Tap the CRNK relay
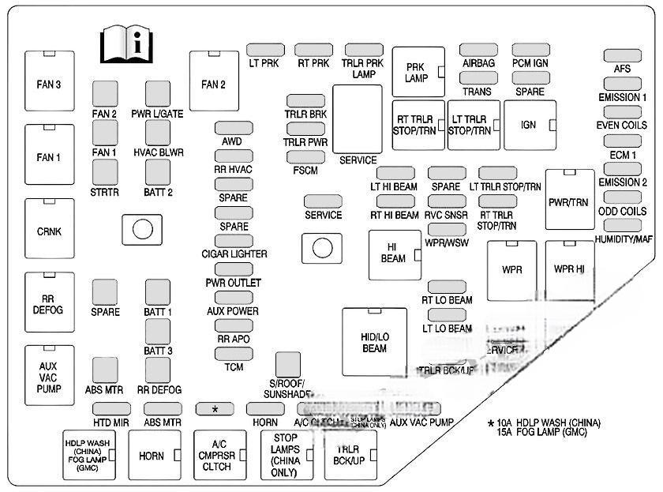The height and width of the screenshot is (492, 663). pyautogui.click(x=49, y=231)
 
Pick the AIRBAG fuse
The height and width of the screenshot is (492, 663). pyautogui.click(x=478, y=50)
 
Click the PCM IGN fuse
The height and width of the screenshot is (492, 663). pyautogui.click(x=530, y=50)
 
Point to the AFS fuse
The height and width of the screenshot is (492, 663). pyautogui.click(x=622, y=55)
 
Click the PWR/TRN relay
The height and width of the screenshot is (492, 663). pyautogui.click(x=568, y=201)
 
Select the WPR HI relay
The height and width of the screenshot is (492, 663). pyautogui.click(x=569, y=269)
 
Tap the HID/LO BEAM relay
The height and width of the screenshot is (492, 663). pyautogui.click(x=374, y=341)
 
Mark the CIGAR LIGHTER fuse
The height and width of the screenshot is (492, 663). pyautogui.click(x=234, y=241)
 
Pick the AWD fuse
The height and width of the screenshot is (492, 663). pyautogui.click(x=232, y=128)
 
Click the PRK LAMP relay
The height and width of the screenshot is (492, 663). pyautogui.click(x=417, y=72)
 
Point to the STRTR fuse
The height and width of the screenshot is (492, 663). pyautogui.click(x=105, y=171)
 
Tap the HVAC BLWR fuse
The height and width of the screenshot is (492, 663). pyautogui.click(x=158, y=133)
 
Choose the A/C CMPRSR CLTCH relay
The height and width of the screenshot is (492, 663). pyautogui.click(x=217, y=456)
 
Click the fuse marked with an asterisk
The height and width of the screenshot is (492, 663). pyautogui.click(x=215, y=408)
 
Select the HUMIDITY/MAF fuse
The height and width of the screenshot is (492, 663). pyautogui.click(x=622, y=224)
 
